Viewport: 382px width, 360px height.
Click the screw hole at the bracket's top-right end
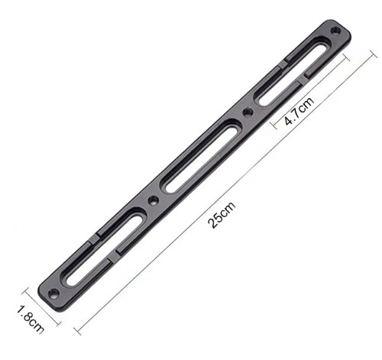(x=335, y=31)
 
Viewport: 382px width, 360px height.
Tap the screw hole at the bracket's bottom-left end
(x=53, y=293)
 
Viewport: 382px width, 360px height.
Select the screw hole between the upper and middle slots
(x=248, y=112)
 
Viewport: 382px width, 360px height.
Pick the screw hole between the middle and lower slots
(x=153, y=200)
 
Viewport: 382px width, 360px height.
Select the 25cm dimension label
(x=222, y=215)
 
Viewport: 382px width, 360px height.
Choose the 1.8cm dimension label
(x=30, y=319)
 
